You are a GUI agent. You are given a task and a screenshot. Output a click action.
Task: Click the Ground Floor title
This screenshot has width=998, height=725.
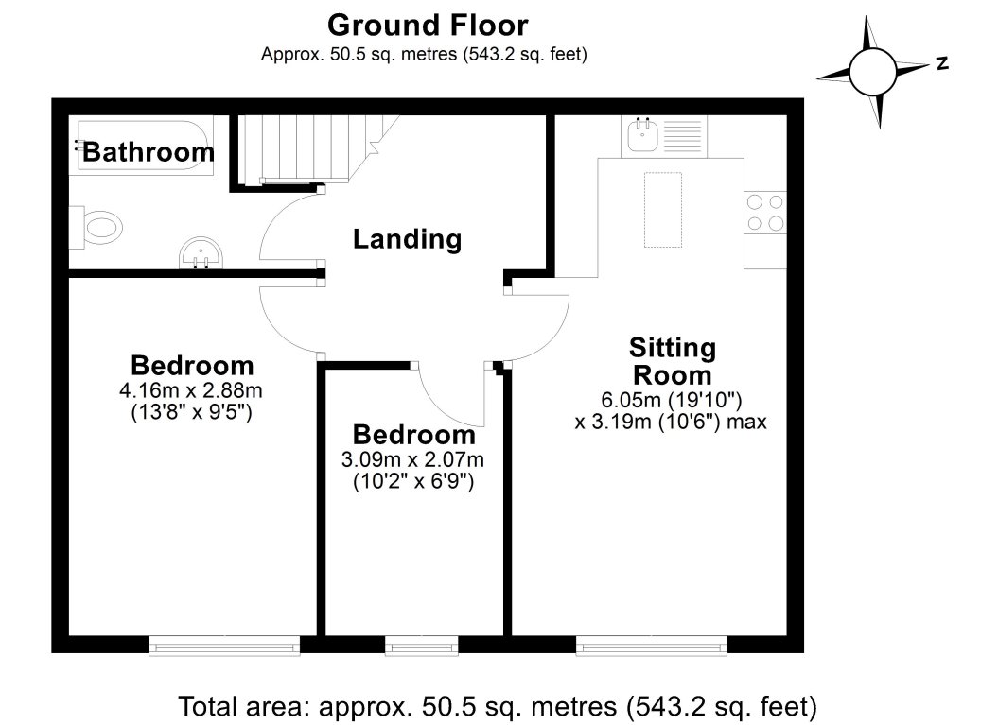[x=427, y=25]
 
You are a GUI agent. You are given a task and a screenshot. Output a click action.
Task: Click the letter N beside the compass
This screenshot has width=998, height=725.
[x=941, y=64]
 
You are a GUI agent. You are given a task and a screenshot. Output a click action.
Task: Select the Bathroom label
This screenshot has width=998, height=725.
[x=149, y=152]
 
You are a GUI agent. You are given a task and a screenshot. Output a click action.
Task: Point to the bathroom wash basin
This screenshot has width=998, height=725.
[x=201, y=253]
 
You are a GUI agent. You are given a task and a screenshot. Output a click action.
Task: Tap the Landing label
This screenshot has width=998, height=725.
[x=407, y=240]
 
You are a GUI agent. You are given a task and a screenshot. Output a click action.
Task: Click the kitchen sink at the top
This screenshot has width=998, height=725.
[x=660, y=135]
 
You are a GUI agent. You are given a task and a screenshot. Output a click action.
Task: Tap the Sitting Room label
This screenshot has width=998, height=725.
[x=673, y=360]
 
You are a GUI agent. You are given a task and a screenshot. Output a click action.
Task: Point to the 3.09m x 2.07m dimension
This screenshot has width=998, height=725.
[x=412, y=460]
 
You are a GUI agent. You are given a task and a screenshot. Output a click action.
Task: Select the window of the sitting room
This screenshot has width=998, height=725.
[x=652, y=646]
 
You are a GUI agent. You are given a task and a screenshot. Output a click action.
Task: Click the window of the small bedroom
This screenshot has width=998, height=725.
[x=422, y=646]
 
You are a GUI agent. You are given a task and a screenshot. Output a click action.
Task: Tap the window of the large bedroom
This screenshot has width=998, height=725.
[x=224, y=646]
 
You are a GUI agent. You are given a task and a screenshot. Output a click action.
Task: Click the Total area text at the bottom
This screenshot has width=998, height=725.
[x=498, y=705]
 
